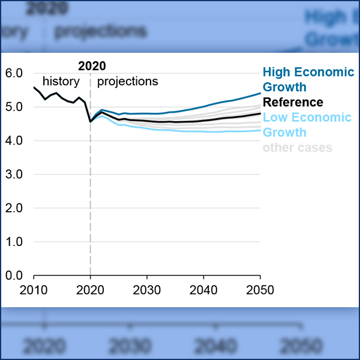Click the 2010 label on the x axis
pyautogui.click(x=34, y=289)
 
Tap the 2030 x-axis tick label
pyautogui.click(x=147, y=289)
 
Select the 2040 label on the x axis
pyautogui.click(x=203, y=289)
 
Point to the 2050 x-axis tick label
pyautogui.click(x=260, y=289)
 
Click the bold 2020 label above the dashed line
pyautogui.click(x=92, y=66)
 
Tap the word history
pyautogui.click(x=61, y=81)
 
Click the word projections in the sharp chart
pyautogui.click(x=127, y=81)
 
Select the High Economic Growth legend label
pyautogui.click(x=308, y=80)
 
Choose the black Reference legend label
pyautogui.click(x=293, y=102)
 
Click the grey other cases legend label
pyautogui.click(x=297, y=147)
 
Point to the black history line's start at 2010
pyautogui.click(x=34, y=88)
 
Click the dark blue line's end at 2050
pyautogui.click(x=260, y=93)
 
